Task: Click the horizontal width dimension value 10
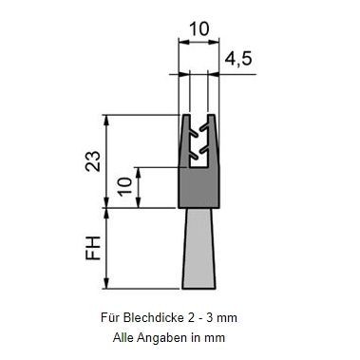point(199,29)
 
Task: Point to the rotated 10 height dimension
point(124,186)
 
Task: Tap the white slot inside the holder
point(199,161)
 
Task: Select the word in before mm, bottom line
point(205,336)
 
